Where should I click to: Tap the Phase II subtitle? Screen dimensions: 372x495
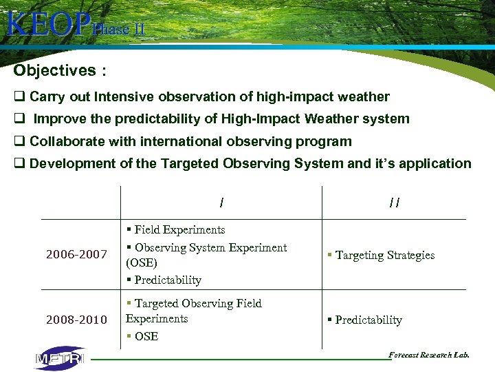(118, 30)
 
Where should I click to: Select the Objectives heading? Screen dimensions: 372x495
(55, 70)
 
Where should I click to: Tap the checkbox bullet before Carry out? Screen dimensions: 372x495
(19, 97)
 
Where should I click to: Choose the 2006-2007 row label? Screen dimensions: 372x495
(76, 255)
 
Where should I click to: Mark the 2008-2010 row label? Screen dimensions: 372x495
(76, 320)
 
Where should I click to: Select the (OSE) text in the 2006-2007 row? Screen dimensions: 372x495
(142, 263)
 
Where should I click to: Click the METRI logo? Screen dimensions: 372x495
(60, 358)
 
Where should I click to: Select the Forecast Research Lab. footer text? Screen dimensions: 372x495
(429, 355)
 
